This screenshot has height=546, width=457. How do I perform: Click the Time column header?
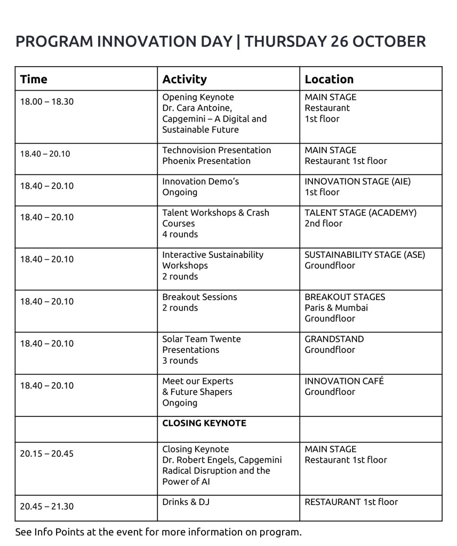click(x=34, y=80)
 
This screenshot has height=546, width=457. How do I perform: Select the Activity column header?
click(x=184, y=80)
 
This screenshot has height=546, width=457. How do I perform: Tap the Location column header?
click(x=329, y=80)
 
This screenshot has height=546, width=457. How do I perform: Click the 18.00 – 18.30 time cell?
click(x=47, y=101)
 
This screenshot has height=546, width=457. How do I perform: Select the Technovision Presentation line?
click(x=217, y=150)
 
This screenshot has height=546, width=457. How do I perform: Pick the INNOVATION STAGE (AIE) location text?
click(x=357, y=181)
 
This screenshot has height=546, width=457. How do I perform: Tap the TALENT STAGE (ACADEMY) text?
click(x=360, y=212)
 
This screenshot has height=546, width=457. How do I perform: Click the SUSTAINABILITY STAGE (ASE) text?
click(x=365, y=255)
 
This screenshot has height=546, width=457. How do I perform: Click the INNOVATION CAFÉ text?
click(x=344, y=381)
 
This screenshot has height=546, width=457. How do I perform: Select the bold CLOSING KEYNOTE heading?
click(x=204, y=423)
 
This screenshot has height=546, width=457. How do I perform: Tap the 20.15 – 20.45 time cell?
click(x=47, y=454)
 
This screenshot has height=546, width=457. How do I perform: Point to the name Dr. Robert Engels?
click(x=199, y=460)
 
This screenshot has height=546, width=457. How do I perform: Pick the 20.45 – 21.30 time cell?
click(x=47, y=506)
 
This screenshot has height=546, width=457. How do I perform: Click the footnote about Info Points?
click(x=158, y=532)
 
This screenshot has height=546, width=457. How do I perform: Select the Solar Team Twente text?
click(x=202, y=339)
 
